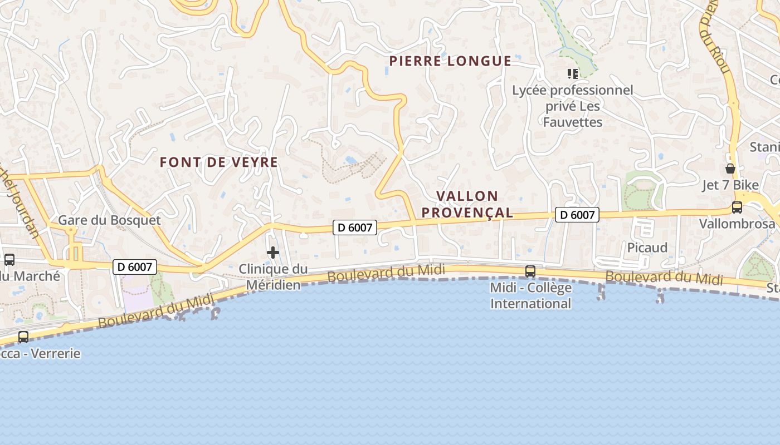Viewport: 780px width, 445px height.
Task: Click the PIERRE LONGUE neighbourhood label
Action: (450, 61)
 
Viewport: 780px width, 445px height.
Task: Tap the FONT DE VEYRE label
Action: (218, 162)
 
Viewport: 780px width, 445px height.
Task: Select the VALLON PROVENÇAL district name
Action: (467, 204)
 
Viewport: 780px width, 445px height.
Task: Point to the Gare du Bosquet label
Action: (109, 220)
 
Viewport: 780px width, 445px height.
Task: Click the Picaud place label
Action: (647, 248)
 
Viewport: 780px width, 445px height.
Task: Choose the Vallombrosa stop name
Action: (737, 224)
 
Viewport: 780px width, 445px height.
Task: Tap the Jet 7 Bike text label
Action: (730, 185)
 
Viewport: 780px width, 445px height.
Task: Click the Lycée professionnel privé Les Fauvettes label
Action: (573, 106)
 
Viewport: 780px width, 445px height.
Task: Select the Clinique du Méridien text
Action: (273, 277)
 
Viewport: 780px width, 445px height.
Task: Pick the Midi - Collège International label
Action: (530, 295)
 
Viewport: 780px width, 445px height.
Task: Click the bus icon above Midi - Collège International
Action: (530, 271)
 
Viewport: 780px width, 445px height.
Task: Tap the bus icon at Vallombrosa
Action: (737, 207)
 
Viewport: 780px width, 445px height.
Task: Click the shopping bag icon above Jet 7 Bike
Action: (730, 169)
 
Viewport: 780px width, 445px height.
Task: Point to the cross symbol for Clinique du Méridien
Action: (273, 253)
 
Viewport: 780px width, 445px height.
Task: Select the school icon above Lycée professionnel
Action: (572, 73)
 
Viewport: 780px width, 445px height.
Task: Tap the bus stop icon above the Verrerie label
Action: (23, 337)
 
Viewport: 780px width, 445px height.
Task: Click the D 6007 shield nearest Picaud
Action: (577, 215)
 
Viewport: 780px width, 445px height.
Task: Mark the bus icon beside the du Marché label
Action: (9, 259)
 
